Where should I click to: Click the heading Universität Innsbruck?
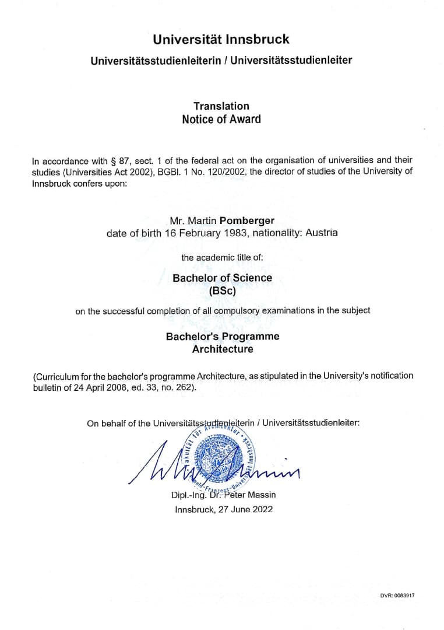coord(221,40)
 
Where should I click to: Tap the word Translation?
coord(221,106)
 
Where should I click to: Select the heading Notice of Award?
coord(221,119)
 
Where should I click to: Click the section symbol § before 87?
coord(112,160)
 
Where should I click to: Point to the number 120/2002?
coord(241,171)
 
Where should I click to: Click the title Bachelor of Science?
coord(222,278)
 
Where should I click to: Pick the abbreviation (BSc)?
coord(222,290)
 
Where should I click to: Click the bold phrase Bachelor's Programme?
coord(223,337)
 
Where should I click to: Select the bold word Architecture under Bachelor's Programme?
coord(223,349)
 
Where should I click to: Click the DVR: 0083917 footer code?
coord(397,596)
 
